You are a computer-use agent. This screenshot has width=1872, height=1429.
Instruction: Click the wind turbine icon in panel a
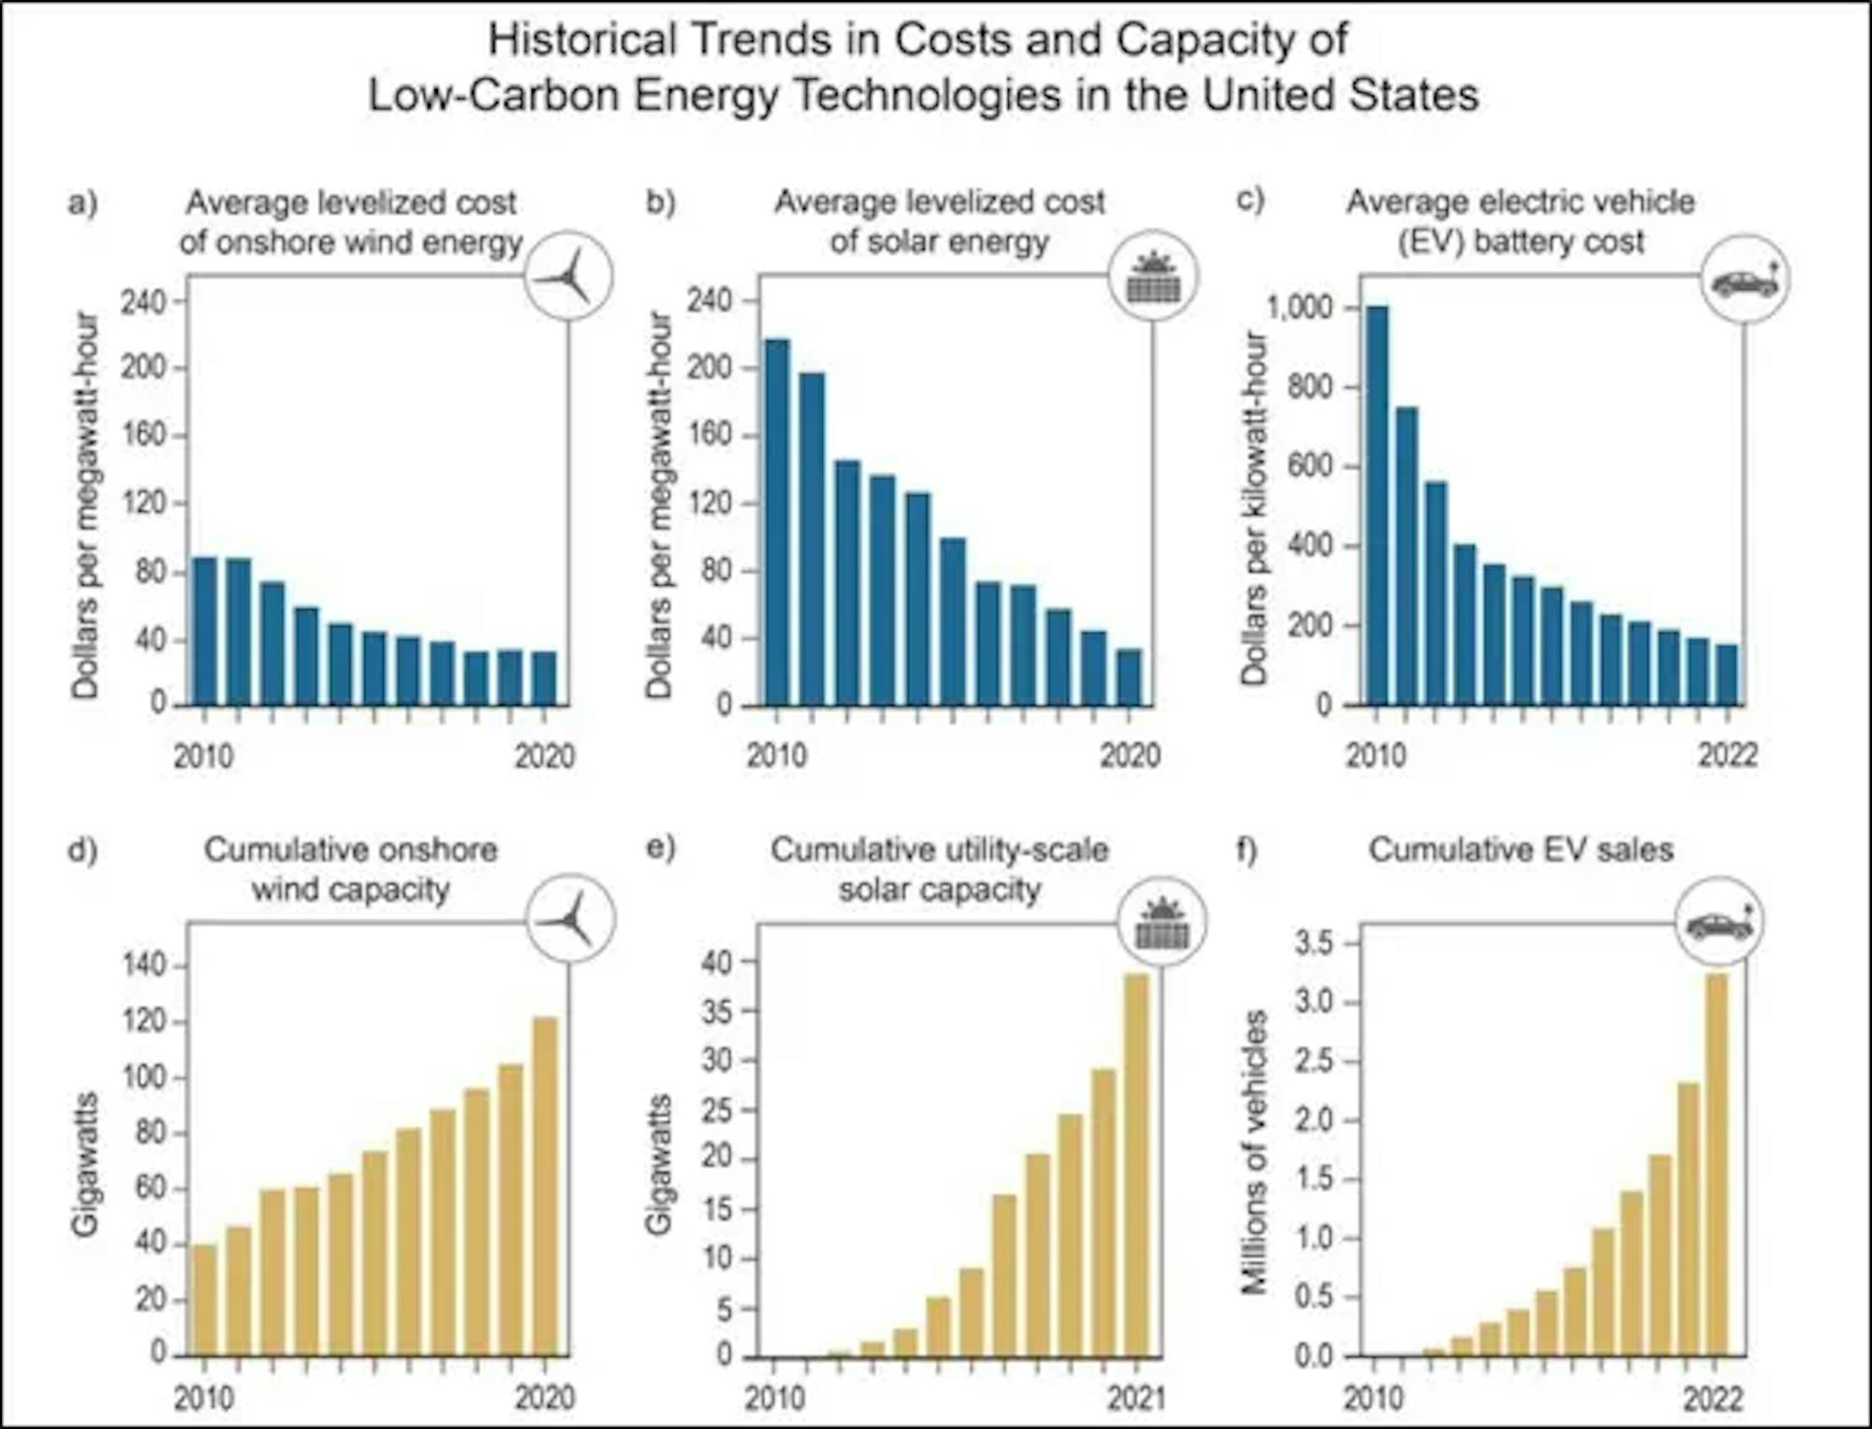(x=567, y=277)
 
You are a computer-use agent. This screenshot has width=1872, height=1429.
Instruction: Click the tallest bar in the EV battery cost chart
(x=1377, y=505)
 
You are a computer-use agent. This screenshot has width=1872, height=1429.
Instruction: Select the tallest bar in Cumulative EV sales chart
(x=1718, y=1164)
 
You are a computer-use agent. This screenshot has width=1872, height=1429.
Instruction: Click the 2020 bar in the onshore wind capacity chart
(x=545, y=1186)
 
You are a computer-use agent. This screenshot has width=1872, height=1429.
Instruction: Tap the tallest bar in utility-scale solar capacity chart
(x=1136, y=1164)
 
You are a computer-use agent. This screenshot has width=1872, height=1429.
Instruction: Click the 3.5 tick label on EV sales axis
(x=1313, y=943)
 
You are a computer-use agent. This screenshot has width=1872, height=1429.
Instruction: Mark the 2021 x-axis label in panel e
(x=1136, y=1398)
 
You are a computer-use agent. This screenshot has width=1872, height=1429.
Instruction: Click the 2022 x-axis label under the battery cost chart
(x=1728, y=755)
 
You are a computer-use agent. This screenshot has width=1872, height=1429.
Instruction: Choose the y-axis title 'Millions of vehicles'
(x=1254, y=1152)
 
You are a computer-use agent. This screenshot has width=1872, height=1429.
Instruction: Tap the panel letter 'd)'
(x=82, y=851)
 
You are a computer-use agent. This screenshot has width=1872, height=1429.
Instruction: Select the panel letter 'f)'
(x=1248, y=851)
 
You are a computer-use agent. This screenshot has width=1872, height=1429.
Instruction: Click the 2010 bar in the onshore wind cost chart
(x=204, y=630)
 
